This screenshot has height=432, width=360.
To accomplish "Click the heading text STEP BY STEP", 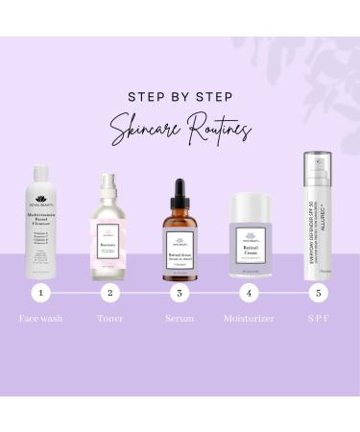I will (180, 96).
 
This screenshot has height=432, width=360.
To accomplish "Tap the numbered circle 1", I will (39, 293).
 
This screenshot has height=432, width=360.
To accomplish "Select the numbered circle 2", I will (109, 293).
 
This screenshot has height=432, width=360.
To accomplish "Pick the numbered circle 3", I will (180, 293).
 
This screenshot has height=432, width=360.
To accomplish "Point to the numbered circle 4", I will (250, 293).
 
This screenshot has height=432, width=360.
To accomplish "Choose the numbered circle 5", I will (319, 293).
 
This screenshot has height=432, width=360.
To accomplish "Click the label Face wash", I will (40, 318).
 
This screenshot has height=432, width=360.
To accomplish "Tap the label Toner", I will (109, 318).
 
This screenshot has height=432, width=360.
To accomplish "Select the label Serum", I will (180, 318).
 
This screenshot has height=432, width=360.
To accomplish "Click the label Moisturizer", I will (249, 318).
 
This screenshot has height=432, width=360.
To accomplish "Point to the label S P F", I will (319, 318).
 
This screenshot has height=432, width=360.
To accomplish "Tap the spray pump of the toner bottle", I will (109, 182).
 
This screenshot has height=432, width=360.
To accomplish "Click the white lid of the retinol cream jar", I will (250, 204).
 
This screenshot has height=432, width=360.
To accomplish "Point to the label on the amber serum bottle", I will (180, 246).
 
